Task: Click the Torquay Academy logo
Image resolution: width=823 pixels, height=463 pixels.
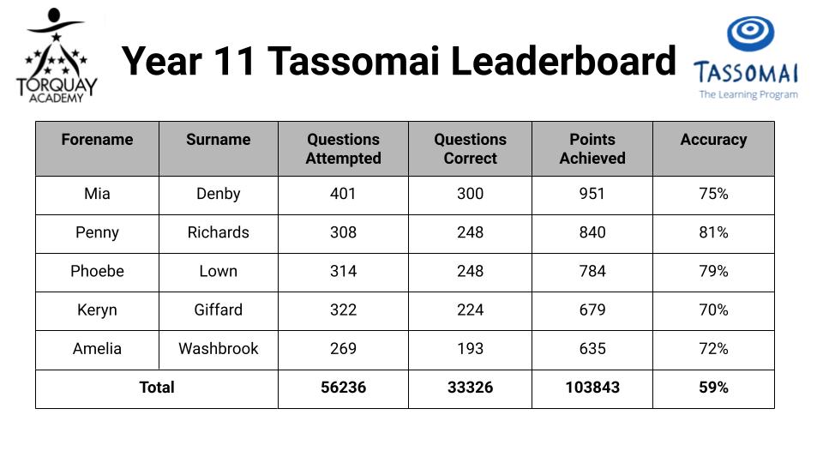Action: point(57,55)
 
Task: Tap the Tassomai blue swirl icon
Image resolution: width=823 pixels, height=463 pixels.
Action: point(750,33)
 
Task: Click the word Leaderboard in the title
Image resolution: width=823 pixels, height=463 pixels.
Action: point(563,62)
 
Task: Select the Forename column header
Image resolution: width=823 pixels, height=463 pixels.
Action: point(97,140)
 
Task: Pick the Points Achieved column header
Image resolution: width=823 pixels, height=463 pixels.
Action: point(592,148)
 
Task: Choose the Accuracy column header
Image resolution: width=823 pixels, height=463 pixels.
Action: point(713,140)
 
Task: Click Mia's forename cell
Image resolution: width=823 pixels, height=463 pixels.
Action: point(97,194)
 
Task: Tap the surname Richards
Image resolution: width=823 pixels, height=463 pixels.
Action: point(219,232)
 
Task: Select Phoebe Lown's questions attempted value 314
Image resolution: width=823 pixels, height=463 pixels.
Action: point(343,272)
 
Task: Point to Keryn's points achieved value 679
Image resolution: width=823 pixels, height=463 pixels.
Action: point(592,310)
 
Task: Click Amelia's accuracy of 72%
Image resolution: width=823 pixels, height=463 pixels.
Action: point(713,349)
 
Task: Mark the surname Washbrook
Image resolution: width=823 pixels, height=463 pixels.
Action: point(219,349)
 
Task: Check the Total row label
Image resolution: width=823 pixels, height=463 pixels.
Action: point(156,388)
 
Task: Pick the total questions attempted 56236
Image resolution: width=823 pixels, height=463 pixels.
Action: point(343,388)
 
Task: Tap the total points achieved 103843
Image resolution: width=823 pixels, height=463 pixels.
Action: point(592,388)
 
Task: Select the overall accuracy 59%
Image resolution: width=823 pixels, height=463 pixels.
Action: point(713,388)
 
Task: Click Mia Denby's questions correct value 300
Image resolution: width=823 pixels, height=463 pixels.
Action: point(471,194)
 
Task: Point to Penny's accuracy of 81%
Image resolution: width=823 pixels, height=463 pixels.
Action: point(713,232)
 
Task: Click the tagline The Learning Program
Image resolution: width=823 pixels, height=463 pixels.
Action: point(748,94)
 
